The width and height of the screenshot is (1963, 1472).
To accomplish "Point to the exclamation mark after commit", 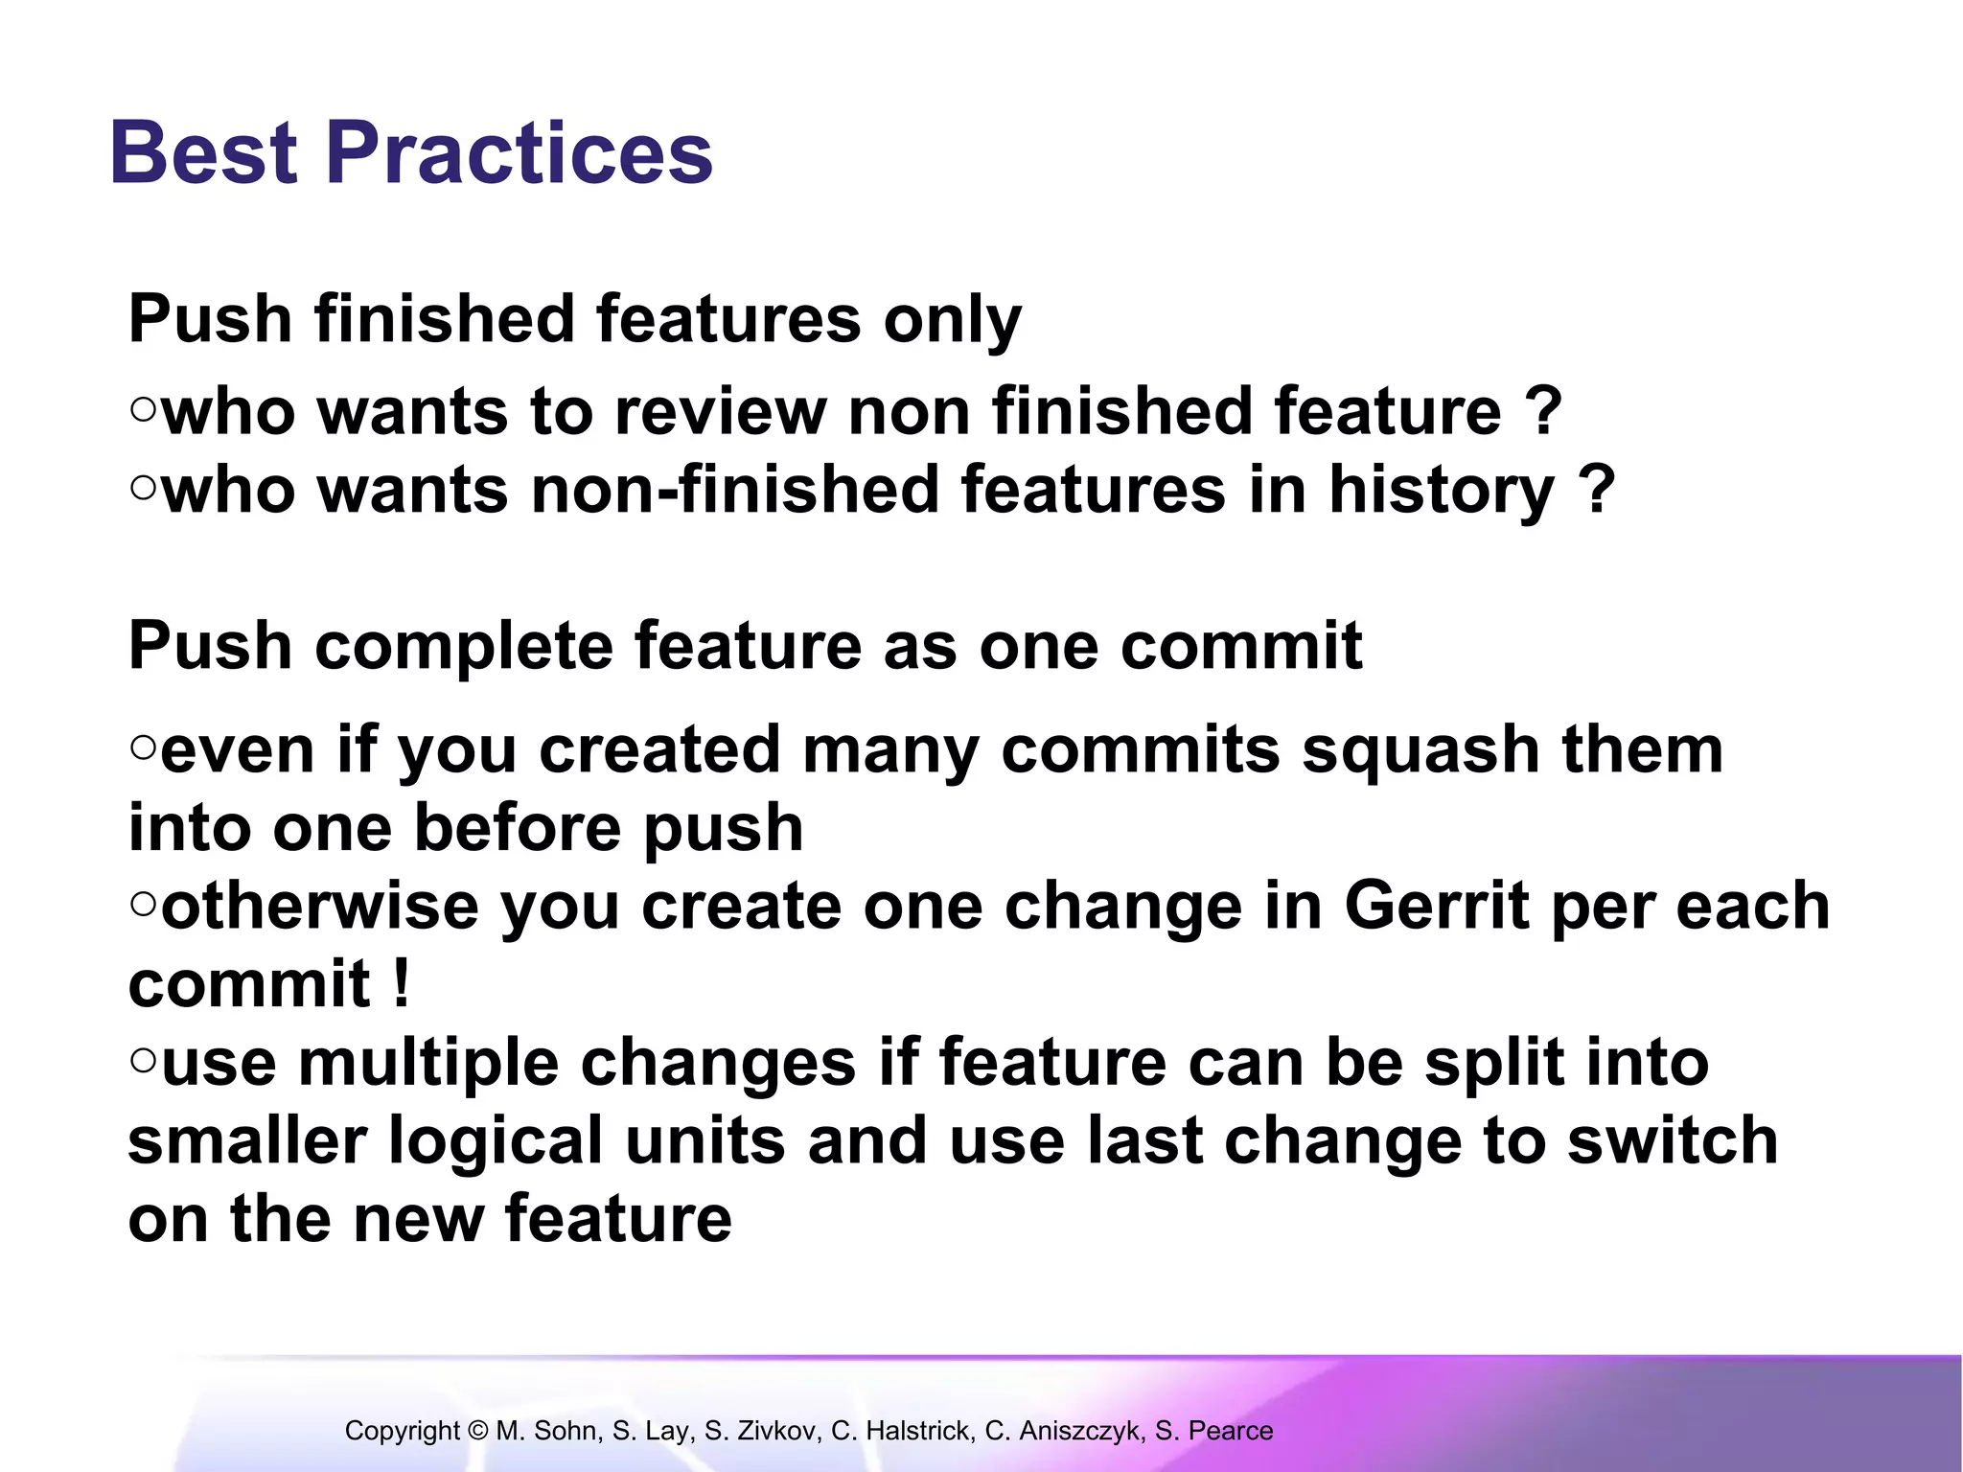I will pyautogui.click(x=402, y=983).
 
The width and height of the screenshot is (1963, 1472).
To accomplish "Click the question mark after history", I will pyautogui.click(x=1596, y=491).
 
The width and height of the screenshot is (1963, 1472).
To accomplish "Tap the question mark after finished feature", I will pyautogui.click(x=1543, y=412).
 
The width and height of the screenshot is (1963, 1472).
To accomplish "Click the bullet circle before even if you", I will pyautogui.click(x=143, y=747).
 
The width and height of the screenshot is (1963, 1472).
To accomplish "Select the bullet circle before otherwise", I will pyautogui.click(x=143, y=903).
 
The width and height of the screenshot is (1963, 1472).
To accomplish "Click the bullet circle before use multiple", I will pyautogui.click(x=143, y=1060).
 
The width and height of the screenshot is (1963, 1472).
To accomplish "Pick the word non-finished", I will pyautogui.click(x=734, y=491).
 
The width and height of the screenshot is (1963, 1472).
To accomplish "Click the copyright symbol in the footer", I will pyautogui.click(x=478, y=1431).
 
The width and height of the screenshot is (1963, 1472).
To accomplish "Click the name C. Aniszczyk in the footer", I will pyautogui.click(x=1064, y=1431).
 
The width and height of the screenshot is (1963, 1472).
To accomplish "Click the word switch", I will pyautogui.click(x=1672, y=1140).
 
